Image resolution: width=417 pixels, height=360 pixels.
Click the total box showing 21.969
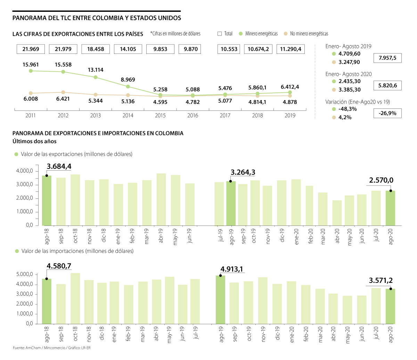click(31, 49)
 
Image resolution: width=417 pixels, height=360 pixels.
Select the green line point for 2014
click(128, 87)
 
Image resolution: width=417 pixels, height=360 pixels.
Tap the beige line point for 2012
click(63, 92)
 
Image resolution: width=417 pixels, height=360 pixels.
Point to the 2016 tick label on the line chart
click(193, 115)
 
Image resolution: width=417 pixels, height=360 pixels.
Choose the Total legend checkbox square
click(220, 34)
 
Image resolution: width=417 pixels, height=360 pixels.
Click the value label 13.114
click(95, 70)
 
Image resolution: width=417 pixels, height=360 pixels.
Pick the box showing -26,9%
click(387, 113)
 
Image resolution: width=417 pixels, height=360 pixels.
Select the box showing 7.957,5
click(387, 58)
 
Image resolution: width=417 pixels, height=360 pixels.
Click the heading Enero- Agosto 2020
click(349, 74)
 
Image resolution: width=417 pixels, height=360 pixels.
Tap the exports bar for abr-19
click(161, 199)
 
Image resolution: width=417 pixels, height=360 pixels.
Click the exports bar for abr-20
click(337, 213)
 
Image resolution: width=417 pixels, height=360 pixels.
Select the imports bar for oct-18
click(75, 298)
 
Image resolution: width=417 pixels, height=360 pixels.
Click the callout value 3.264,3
click(243, 172)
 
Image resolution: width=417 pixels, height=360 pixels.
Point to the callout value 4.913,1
click(232, 269)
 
